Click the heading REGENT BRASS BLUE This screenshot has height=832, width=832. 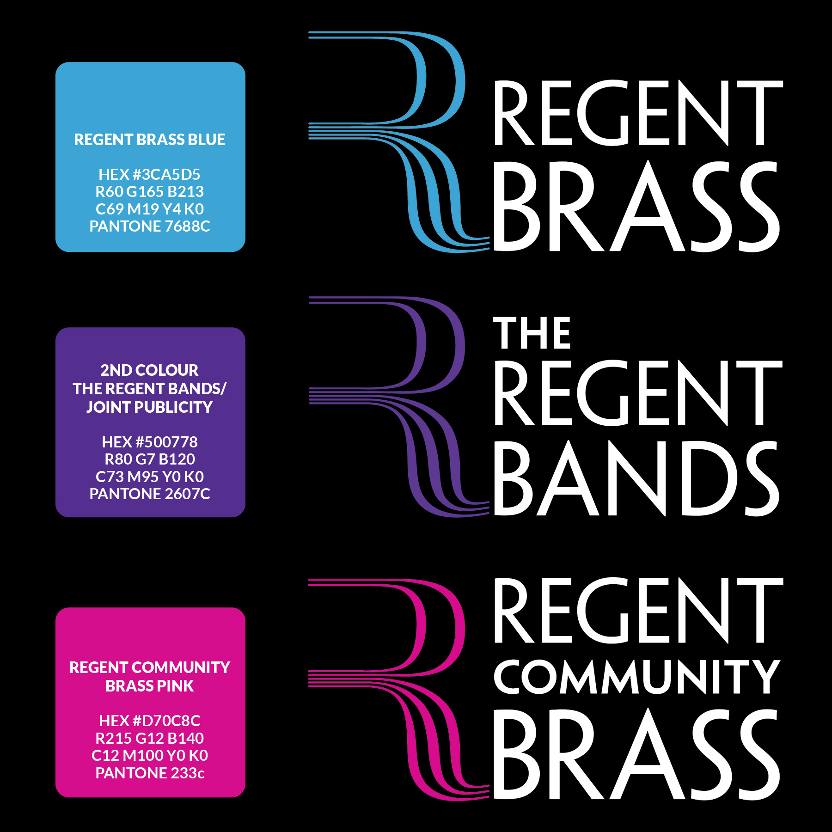(x=149, y=140)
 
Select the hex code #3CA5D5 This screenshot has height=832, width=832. (x=149, y=174)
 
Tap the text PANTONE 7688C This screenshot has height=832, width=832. (x=149, y=226)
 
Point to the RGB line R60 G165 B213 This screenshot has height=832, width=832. (x=149, y=191)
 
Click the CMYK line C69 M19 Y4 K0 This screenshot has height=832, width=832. (x=149, y=209)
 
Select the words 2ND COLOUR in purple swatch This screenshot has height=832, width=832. (x=149, y=370)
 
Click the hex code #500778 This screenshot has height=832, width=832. (x=149, y=442)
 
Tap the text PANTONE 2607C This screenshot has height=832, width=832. (x=149, y=494)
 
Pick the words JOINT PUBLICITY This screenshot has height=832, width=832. (x=149, y=407)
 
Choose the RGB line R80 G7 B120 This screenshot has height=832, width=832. (x=149, y=459)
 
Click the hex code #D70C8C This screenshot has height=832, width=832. (x=149, y=721)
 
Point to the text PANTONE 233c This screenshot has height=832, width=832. (x=149, y=773)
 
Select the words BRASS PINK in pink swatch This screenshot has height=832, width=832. (x=149, y=686)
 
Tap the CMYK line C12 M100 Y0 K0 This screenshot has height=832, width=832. (x=149, y=755)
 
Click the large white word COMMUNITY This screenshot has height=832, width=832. (x=637, y=677)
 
